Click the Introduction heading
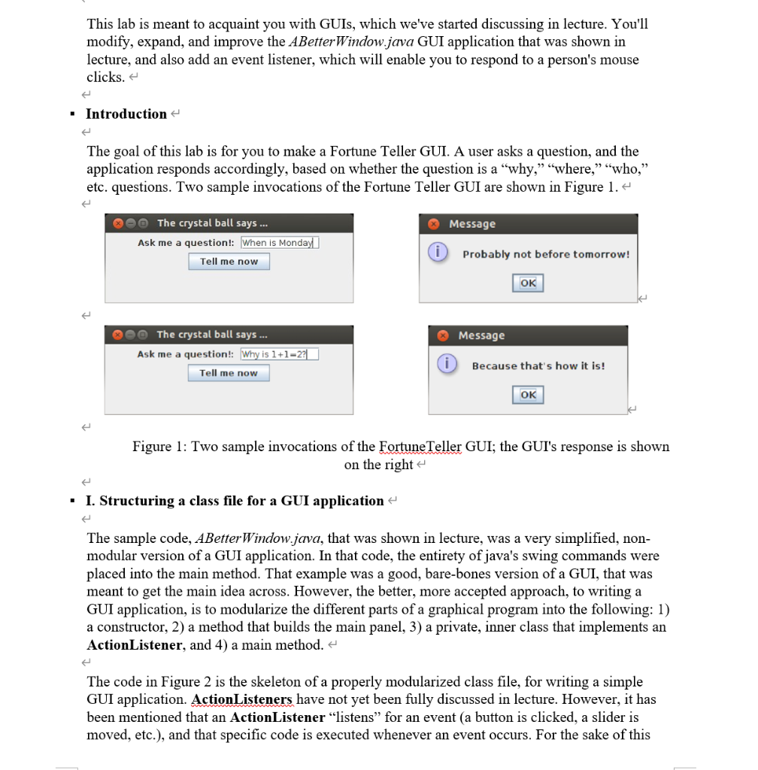[x=126, y=114]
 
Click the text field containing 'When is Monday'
[x=280, y=243]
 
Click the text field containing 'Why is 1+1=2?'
[x=279, y=354]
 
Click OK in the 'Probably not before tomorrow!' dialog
[x=528, y=283]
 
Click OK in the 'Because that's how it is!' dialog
[x=528, y=394]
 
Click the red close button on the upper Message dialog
[x=433, y=224]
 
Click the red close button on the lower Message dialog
[x=443, y=335]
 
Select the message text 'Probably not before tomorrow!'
[x=546, y=254]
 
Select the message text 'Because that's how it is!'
[x=538, y=366]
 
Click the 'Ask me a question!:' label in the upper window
[x=186, y=243]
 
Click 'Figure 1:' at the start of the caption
[x=159, y=447]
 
